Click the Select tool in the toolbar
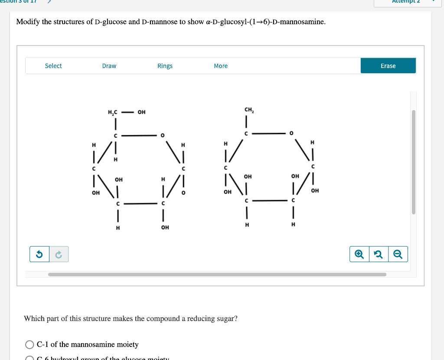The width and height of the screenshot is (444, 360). tap(53, 66)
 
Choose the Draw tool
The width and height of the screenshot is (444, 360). tap(109, 66)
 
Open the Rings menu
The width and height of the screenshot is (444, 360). tap(165, 66)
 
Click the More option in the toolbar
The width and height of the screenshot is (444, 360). tap(221, 66)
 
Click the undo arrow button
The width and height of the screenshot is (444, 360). tap(39, 254)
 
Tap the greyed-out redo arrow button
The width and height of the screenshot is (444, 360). tap(59, 254)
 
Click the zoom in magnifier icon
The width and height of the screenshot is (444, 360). tap(359, 254)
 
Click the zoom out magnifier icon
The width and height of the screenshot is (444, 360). tap(398, 254)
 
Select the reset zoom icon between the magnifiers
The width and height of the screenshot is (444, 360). tap(379, 254)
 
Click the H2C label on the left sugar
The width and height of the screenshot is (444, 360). tap(112, 113)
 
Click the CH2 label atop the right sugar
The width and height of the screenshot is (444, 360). tap(249, 110)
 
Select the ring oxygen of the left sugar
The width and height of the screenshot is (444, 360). tap(162, 136)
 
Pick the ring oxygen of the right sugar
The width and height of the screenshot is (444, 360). tap(291, 133)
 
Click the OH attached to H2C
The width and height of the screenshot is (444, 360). tap(142, 113)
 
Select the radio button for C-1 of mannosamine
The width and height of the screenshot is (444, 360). tap(29, 345)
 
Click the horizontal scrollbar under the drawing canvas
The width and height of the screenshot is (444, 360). tap(217, 274)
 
